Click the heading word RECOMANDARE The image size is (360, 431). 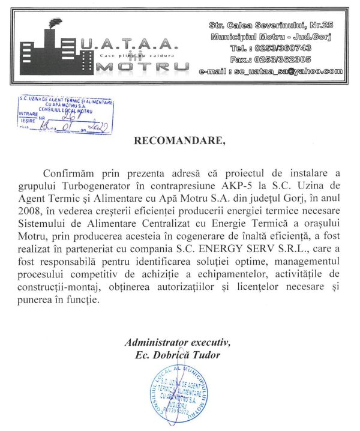click(x=181, y=141)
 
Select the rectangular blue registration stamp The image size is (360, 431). click(x=65, y=113)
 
